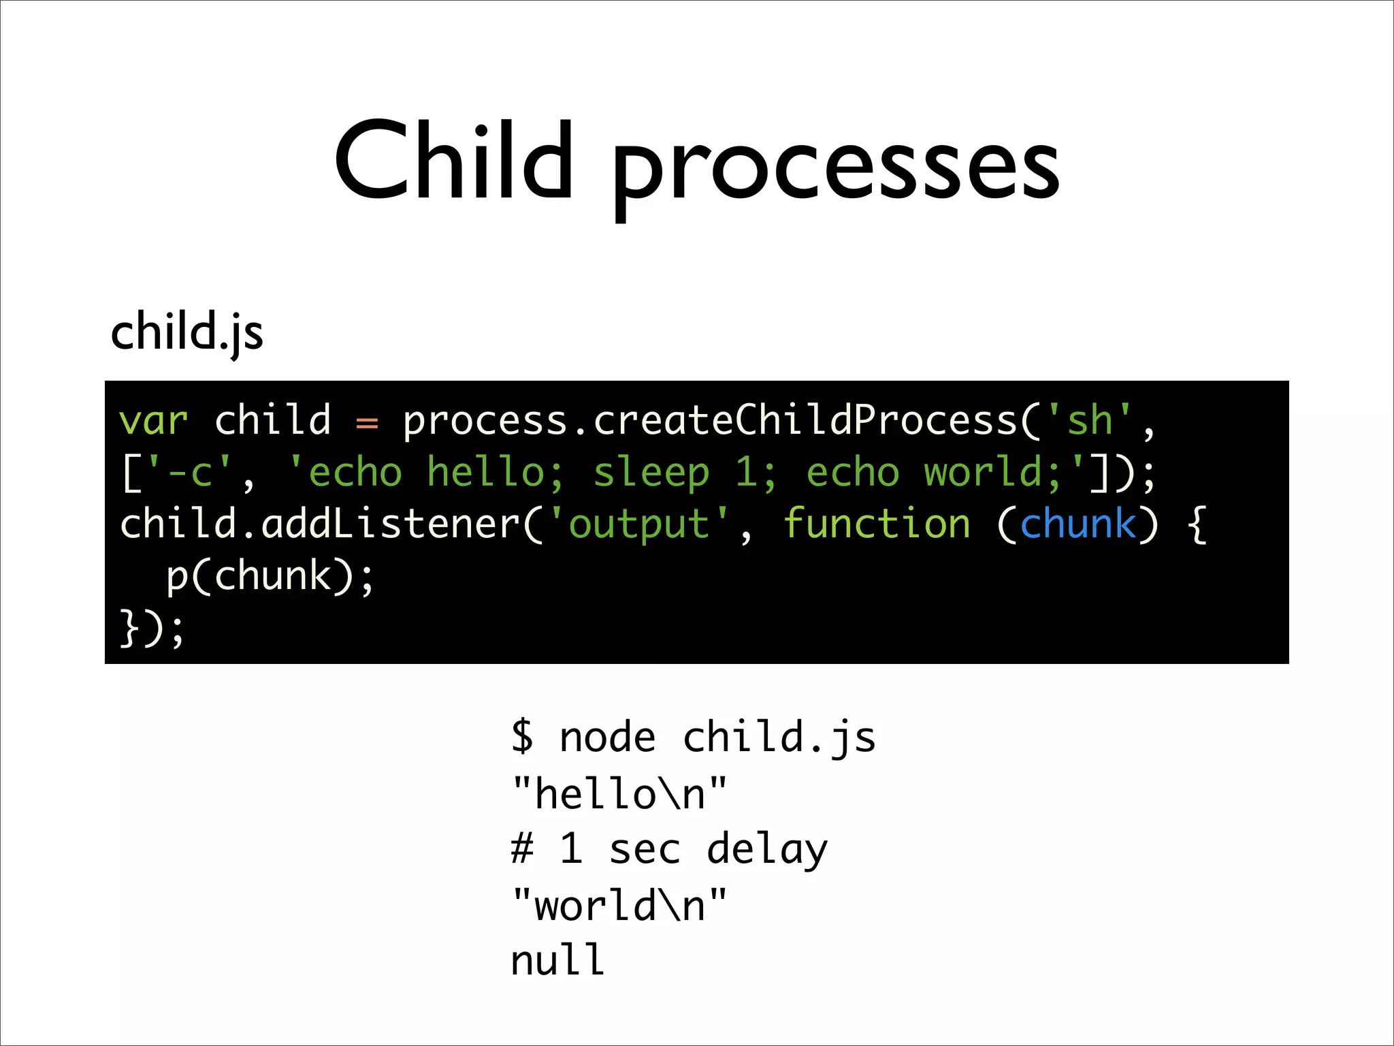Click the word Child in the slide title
(x=453, y=162)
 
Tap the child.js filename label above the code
(x=187, y=332)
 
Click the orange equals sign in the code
(x=367, y=423)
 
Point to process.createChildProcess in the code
(x=710, y=420)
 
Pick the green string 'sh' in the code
(x=1089, y=420)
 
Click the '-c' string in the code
(x=190, y=472)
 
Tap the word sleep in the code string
(x=651, y=473)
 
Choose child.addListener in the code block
(x=320, y=524)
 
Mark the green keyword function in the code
(x=877, y=524)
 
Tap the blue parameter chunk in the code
(x=1078, y=524)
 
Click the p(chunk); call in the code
(x=270, y=577)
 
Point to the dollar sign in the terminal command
(x=522, y=736)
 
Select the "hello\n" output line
(x=619, y=793)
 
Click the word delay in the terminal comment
(x=767, y=850)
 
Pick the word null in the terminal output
(x=557, y=960)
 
